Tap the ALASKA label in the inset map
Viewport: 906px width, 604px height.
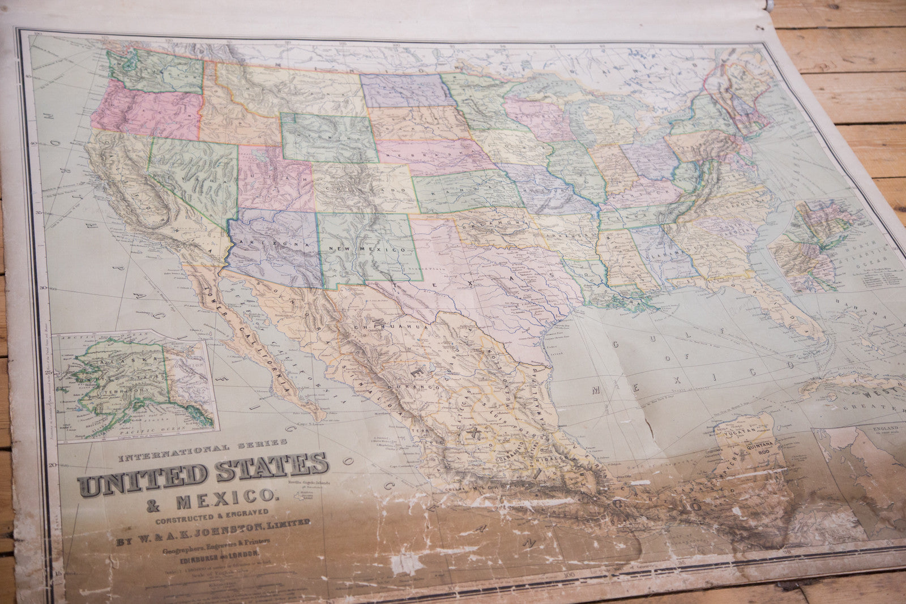click(114, 361)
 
